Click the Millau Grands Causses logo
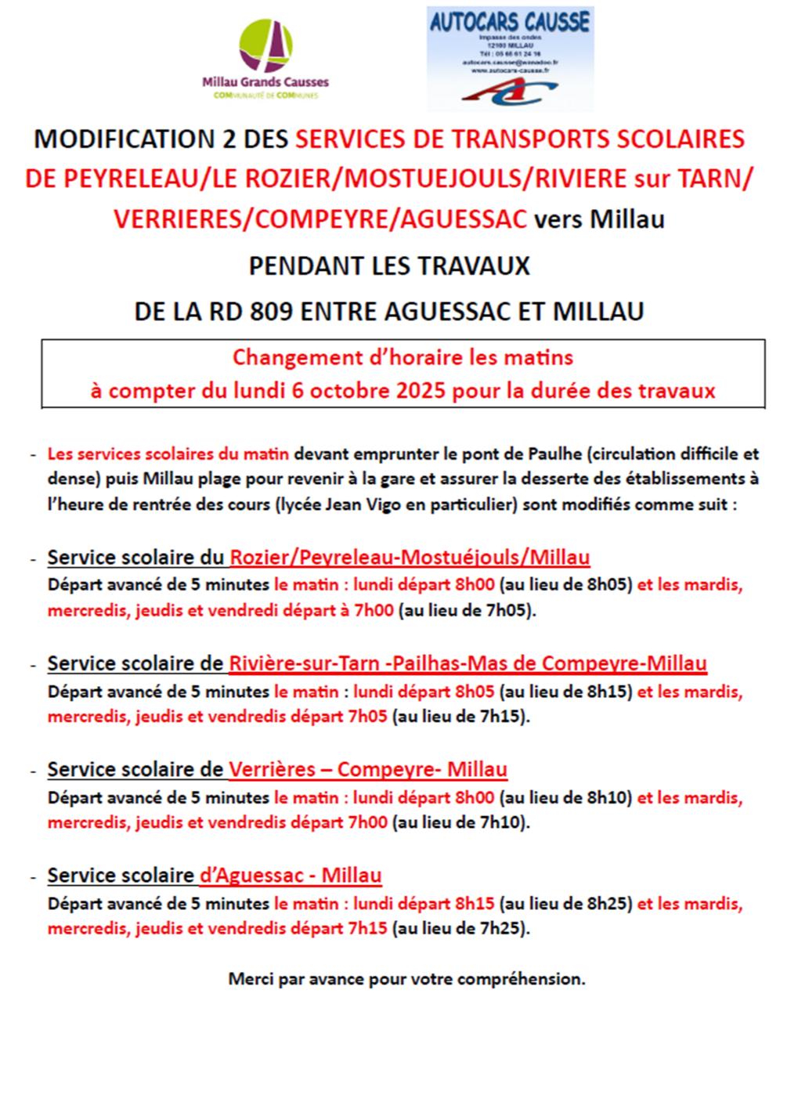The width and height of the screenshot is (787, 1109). point(265,59)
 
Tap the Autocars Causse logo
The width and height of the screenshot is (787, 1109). point(510,60)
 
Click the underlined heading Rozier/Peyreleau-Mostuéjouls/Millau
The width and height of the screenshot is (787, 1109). point(410,558)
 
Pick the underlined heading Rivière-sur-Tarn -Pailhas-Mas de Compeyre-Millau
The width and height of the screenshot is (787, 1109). point(468,663)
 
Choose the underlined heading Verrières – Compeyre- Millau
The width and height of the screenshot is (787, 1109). point(368,769)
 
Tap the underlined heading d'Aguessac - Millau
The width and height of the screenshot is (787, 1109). point(291,875)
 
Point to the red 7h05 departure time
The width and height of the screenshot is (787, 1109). point(367,717)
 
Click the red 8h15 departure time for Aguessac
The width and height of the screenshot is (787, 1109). point(475,904)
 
